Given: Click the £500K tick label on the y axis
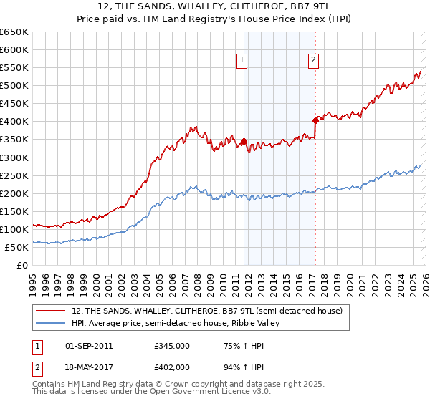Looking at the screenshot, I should [x=14, y=86].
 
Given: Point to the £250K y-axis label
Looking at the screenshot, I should [x=14, y=175].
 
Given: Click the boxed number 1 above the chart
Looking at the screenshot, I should [x=243, y=61].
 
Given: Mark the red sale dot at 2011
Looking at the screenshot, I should [x=244, y=141].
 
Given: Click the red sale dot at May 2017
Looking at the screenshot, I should [x=315, y=120].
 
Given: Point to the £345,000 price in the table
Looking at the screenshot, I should [x=171, y=346].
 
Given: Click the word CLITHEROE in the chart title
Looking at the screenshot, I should [x=240, y=7].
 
